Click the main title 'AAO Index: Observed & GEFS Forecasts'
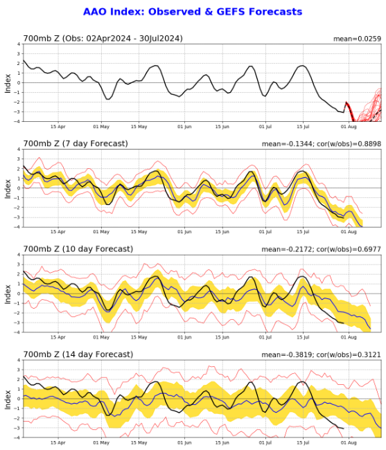coord(193,12)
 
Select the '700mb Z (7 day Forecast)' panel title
coord(76,143)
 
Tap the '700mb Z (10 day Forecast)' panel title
coord(78,249)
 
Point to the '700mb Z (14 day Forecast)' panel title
coord(78,354)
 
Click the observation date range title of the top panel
coord(103,39)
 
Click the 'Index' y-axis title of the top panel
coord(8,82)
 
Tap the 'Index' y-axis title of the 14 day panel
coord(8,399)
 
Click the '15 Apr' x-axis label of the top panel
coord(58,127)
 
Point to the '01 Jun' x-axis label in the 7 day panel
coord(184,233)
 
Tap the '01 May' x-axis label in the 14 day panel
coord(100,443)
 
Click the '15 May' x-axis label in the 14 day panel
coord(139,443)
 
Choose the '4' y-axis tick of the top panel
coord(19,44)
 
